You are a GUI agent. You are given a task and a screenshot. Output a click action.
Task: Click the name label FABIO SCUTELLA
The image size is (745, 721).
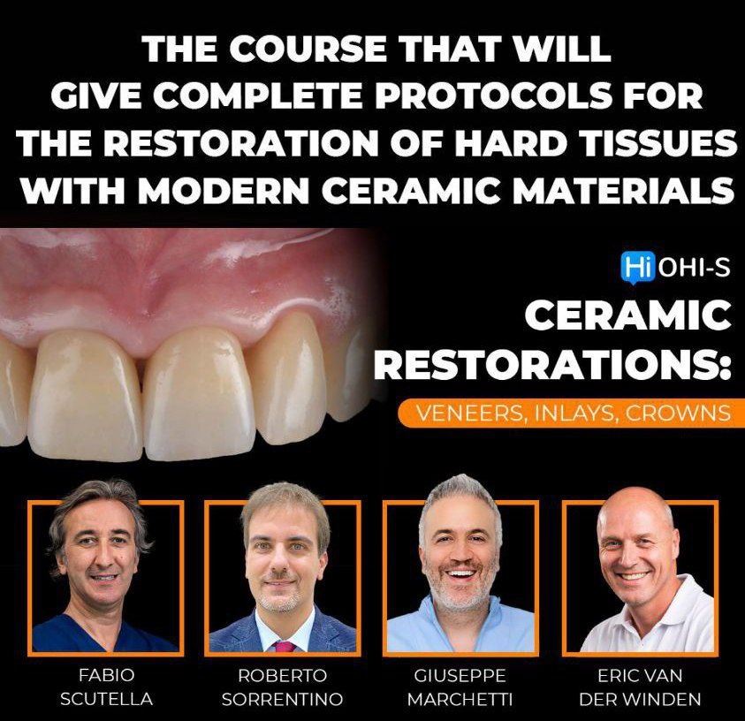pyautogui.click(x=106, y=687)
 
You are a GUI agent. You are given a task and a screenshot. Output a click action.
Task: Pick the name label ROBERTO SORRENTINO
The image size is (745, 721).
pyautogui.click(x=282, y=687)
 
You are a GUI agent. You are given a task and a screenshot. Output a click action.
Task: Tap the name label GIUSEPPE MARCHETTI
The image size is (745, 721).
pyautogui.click(x=460, y=687)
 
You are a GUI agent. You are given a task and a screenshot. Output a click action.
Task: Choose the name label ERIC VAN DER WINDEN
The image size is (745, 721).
pyautogui.click(x=639, y=687)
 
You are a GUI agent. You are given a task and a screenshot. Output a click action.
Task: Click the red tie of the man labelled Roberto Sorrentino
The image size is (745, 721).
pyautogui.click(x=285, y=645)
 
